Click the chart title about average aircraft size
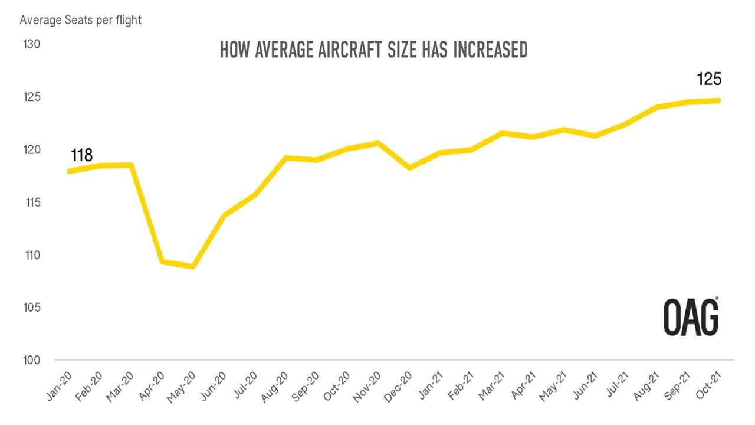click(x=373, y=50)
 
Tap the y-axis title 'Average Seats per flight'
click(x=81, y=20)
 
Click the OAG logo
click(x=691, y=317)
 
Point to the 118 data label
click(x=82, y=155)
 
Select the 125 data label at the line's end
click(x=710, y=79)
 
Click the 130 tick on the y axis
click(x=32, y=45)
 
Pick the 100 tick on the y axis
click(x=32, y=361)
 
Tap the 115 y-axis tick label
click(x=32, y=202)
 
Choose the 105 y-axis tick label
click(x=32, y=308)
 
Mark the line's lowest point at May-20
click(x=193, y=267)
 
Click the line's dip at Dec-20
click(x=409, y=168)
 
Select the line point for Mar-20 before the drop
click(x=131, y=165)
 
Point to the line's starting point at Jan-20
click(x=70, y=171)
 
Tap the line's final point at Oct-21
click(x=718, y=100)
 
